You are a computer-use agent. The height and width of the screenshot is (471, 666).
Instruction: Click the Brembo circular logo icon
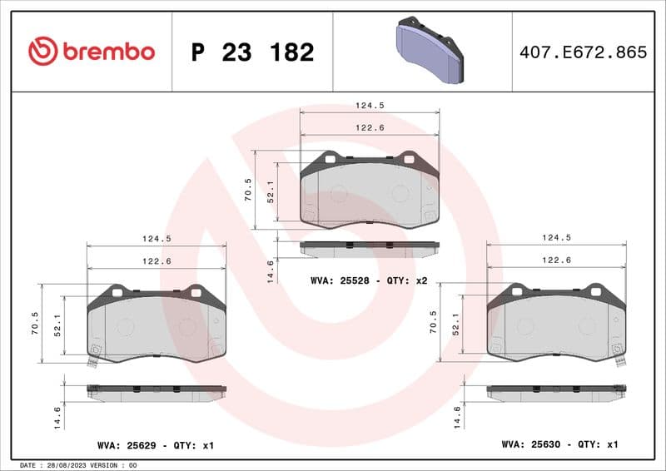pyautogui.click(x=42, y=52)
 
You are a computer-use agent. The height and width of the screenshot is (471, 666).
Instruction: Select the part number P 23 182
pyautogui.click(x=252, y=52)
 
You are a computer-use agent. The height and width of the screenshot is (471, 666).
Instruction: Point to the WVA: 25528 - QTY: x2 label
pyautogui.click(x=369, y=281)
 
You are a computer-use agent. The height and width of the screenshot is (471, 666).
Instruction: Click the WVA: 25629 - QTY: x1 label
pyautogui.click(x=156, y=446)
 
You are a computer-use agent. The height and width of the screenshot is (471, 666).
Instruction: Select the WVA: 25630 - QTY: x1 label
pyautogui.click(x=559, y=445)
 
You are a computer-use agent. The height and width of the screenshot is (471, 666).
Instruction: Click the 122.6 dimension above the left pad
pyautogui.click(x=157, y=260)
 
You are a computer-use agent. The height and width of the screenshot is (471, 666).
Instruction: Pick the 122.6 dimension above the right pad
pyautogui.click(x=556, y=260)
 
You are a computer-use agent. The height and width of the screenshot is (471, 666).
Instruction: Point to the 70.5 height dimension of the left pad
pyautogui.click(x=35, y=324)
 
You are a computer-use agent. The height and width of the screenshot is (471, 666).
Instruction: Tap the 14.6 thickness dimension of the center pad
pyautogui.click(x=270, y=271)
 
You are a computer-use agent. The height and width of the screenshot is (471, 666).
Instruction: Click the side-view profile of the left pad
pyautogui.click(x=157, y=391)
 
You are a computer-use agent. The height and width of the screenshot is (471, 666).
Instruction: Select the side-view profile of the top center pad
pyautogui.click(x=369, y=248)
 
